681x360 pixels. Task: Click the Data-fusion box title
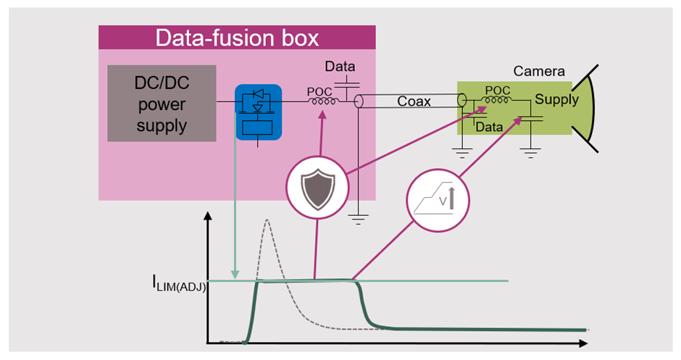click(x=237, y=38)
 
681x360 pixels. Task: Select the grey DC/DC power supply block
click(x=162, y=103)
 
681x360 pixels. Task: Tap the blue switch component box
click(x=258, y=112)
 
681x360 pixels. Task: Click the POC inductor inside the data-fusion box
click(x=322, y=102)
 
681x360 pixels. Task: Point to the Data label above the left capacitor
click(x=340, y=67)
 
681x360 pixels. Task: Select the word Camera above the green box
click(x=539, y=72)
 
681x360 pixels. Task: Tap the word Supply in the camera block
click(x=556, y=100)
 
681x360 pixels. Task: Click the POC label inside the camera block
click(x=497, y=91)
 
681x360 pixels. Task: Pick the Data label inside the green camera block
click(x=489, y=126)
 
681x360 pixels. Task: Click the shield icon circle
click(x=315, y=187)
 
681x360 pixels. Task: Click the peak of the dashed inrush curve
click(x=267, y=219)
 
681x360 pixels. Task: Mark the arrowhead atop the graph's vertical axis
click(x=209, y=217)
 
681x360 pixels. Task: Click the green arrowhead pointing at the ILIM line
click(x=235, y=275)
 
